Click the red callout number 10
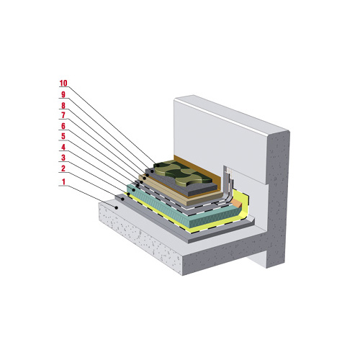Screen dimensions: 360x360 (63, 83)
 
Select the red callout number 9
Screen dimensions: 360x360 (63, 94)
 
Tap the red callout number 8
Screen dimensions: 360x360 (63, 105)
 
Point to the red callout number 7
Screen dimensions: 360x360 (63, 115)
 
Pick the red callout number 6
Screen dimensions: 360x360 (63, 126)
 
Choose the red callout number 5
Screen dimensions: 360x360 (63, 136)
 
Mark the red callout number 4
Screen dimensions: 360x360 (63, 147)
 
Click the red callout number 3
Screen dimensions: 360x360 (63, 158)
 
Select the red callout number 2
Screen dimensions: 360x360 (63, 168)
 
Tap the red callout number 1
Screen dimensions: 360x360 (63, 181)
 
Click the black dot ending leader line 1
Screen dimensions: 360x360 (117, 207)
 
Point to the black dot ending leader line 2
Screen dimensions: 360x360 (122, 199)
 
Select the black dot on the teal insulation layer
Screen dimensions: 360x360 (134, 190)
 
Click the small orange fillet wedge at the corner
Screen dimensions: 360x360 (236, 204)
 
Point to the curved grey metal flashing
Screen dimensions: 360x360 (228, 187)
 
